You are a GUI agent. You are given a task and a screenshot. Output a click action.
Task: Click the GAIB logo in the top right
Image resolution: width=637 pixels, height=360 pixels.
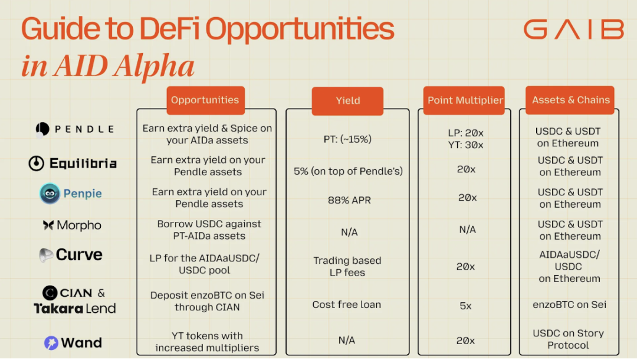click(x=573, y=29)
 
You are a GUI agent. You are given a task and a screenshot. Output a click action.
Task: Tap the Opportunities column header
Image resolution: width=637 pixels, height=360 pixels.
click(x=205, y=100)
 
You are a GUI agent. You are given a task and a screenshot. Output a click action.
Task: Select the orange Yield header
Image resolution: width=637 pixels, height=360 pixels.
click(x=348, y=101)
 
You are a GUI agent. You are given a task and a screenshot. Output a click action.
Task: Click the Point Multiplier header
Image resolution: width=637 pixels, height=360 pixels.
click(x=465, y=100)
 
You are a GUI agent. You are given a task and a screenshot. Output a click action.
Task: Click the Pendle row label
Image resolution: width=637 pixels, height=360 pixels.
click(x=75, y=129)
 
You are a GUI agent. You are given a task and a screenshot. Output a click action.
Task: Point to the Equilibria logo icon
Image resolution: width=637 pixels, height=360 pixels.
click(x=37, y=163)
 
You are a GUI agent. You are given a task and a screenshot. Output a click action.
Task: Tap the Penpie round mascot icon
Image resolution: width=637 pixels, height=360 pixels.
click(x=50, y=194)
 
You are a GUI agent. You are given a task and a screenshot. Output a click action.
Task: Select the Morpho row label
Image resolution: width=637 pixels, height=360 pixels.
click(x=72, y=225)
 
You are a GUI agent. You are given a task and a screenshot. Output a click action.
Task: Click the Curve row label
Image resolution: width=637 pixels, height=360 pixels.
click(x=71, y=255)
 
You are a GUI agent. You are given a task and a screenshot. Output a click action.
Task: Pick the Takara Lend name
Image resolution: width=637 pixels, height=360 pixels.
click(x=75, y=308)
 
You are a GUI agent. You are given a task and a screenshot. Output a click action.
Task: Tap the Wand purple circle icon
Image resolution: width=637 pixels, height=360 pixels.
click(x=51, y=343)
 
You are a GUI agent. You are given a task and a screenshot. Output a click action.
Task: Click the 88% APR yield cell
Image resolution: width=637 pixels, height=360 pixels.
click(x=349, y=200)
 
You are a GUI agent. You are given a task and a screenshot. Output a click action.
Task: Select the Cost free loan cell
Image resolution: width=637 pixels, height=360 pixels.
click(x=347, y=305)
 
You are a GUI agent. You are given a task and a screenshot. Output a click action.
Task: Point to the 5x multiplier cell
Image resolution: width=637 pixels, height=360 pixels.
click(x=465, y=306)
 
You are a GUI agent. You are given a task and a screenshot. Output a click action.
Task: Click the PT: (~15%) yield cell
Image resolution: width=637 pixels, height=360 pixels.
click(x=348, y=139)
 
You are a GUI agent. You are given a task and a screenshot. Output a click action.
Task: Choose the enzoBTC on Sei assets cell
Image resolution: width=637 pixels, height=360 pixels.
click(x=569, y=305)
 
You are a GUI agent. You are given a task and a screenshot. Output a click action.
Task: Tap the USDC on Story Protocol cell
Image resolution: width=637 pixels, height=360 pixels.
click(x=568, y=339)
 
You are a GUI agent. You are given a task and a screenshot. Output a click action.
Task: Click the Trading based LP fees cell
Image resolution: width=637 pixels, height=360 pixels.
click(x=347, y=266)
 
